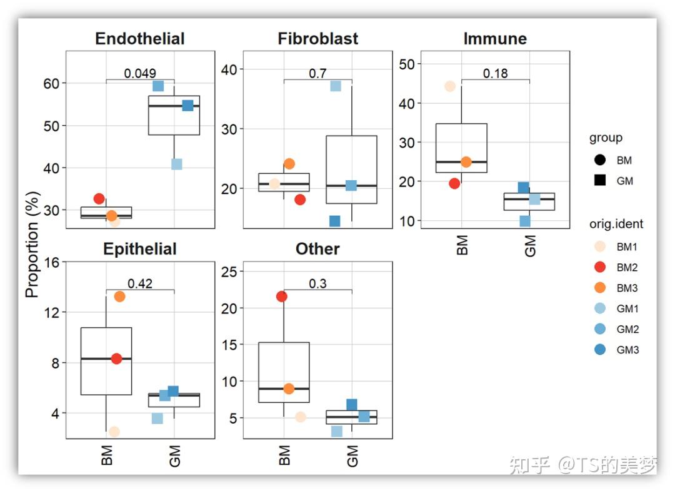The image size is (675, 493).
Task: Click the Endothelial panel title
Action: click(x=139, y=39)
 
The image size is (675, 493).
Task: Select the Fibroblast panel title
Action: click(x=317, y=39)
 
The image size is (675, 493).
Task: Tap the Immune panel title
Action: click(x=494, y=39)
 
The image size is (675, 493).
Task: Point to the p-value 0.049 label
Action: click(x=140, y=73)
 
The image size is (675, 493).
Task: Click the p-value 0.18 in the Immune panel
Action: click(x=495, y=73)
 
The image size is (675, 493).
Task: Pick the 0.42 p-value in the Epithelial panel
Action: click(x=140, y=283)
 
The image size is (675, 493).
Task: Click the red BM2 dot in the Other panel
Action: click(x=282, y=297)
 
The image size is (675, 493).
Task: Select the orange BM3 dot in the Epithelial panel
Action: click(x=119, y=297)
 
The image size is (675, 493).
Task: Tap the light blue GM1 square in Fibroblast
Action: click(x=336, y=86)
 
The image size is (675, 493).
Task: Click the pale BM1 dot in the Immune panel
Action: click(x=449, y=86)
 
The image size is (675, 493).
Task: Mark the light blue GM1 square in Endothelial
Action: click(x=177, y=164)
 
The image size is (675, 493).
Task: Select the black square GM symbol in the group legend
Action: click(x=601, y=181)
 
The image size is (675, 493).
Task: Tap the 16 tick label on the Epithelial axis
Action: click(x=52, y=262)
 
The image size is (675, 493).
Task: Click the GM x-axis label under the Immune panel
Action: click(x=531, y=245)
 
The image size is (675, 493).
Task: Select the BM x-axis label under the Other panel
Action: click(x=285, y=455)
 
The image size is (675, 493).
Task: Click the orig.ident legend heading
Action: click(x=616, y=223)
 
